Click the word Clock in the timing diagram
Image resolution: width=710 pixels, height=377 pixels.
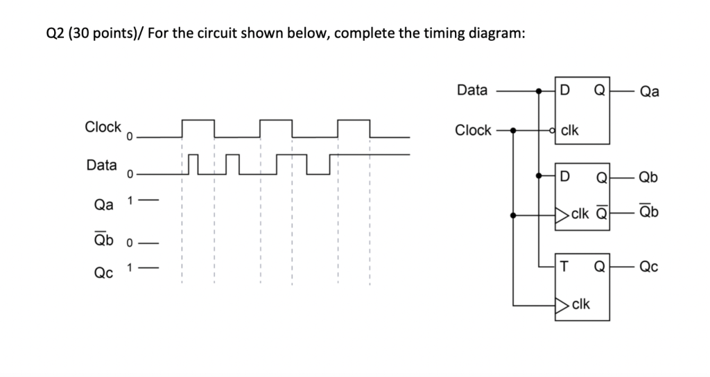click(103, 127)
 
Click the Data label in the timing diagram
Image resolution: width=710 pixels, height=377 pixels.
click(101, 165)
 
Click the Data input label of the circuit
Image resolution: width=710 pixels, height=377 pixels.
click(473, 90)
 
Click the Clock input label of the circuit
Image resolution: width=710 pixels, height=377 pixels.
click(473, 130)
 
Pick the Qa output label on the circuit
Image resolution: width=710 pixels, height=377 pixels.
click(650, 91)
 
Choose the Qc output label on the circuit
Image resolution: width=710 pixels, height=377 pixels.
click(650, 265)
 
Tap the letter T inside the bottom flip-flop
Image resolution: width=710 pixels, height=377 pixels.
click(565, 265)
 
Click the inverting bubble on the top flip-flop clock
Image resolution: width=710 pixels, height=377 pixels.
click(552, 130)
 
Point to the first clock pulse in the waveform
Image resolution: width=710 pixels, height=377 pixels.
click(198, 128)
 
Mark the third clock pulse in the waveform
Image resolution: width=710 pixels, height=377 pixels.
click(354, 128)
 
